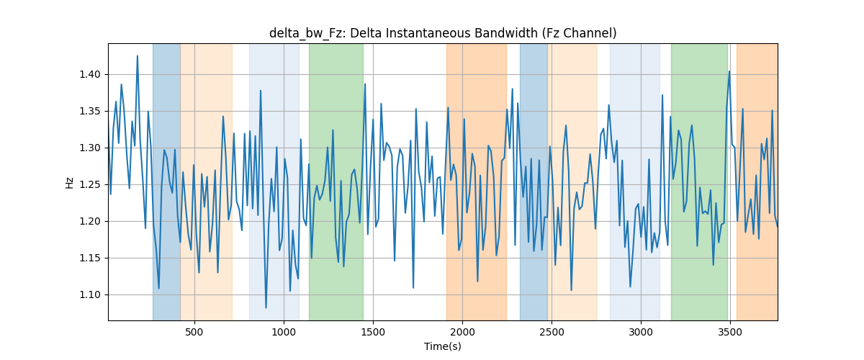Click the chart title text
[x=443, y=33]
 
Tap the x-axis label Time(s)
[x=443, y=346]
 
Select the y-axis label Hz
[x=69, y=183]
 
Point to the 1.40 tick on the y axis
[x=90, y=74]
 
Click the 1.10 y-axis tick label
[x=90, y=294]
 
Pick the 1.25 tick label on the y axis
[x=90, y=185]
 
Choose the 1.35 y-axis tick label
[x=90, y=112]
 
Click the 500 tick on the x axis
[x=194, y=332]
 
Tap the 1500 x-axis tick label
[x=373, y=332]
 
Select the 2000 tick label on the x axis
[x=462, y=332]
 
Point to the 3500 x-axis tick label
[x=730, y=332]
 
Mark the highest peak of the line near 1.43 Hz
[x=138, y=56]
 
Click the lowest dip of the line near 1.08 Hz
[x=266, y=307]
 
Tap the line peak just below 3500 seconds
[x=729, y=71]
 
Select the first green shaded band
[x=336, y=181]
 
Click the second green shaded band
[x=699, y=181]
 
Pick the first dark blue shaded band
[x=166, y=181]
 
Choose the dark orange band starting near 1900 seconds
[x=477, y=181]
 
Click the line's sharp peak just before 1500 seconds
[x=365, y=84]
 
